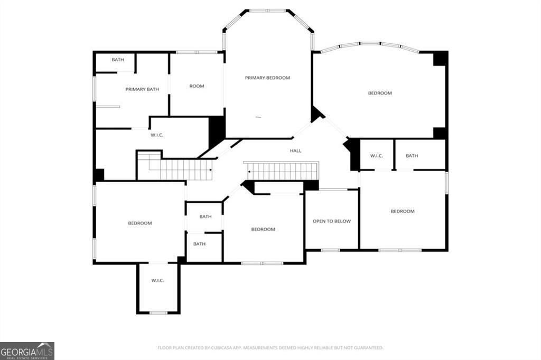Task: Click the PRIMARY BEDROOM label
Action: [x=267, y=78]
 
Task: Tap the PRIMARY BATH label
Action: [x=142, y=89]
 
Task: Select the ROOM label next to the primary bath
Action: [x=197, y=86]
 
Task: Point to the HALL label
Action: [x=296, y=150]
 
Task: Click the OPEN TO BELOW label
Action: [x=332, y=221]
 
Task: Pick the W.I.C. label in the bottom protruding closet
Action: [x=157, y=281]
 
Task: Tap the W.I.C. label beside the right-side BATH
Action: [x=376, y=156]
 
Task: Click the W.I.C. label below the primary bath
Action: [x=156, y=135]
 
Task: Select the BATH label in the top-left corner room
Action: [x=118, y=60]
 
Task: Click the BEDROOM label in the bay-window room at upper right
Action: [x=380, y=93]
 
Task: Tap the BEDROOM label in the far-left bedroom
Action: [x=139, y=223]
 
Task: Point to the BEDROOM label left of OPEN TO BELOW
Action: [x=263, y=229]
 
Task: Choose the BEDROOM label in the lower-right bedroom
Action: [x=402, y=211]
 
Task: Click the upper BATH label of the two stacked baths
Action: [x=206, y=216]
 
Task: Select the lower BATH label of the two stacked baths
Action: [x=199, y=244]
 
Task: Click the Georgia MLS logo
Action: [x=27, y=351]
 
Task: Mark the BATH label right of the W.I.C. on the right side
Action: [x=412, y=156]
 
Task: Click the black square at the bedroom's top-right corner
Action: [x=440, y=58]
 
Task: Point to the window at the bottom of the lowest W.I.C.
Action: [x=158, y=313]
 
